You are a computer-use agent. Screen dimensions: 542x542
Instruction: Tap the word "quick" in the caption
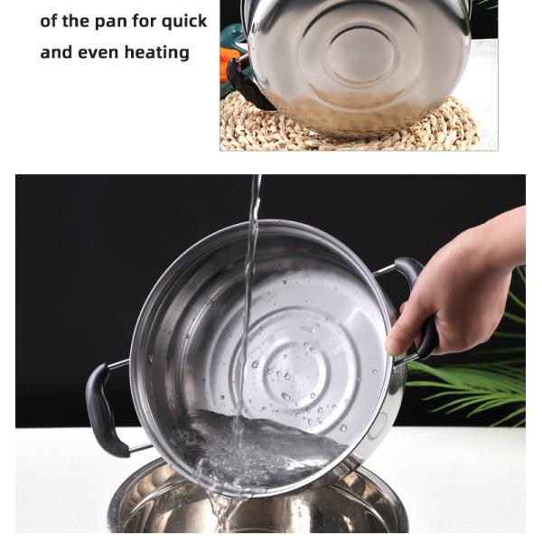tap(184, 23)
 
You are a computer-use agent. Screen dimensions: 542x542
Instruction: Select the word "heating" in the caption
tap(156, 53)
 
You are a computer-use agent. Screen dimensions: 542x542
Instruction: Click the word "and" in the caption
tap(56, 52)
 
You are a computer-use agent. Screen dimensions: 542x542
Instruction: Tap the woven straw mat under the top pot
tap(349, 128)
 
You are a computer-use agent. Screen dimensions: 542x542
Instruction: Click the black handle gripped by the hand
tap(420, 304)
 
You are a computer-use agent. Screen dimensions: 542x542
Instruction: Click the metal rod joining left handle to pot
tap(119, 364)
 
